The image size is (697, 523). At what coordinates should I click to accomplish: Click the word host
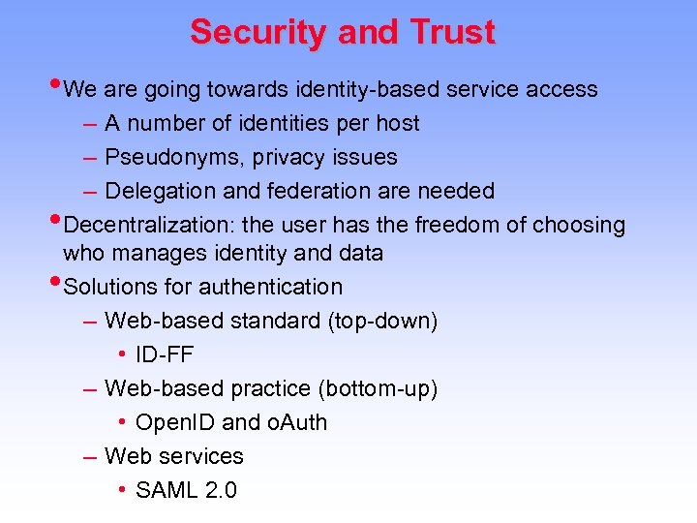pos(397,123)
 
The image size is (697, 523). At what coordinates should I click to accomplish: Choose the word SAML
pos(167,490)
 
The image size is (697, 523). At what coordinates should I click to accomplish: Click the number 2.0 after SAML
pos(221,490)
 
